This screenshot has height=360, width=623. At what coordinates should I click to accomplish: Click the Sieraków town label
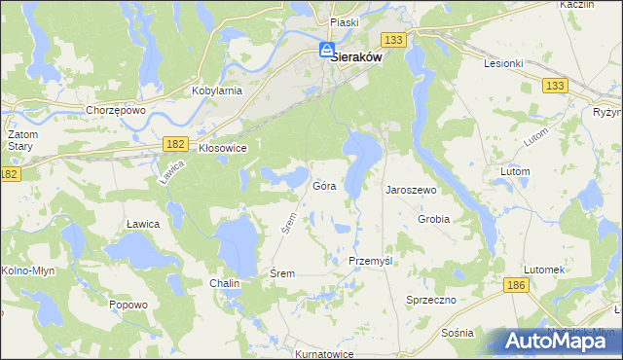click(x=355, y=57)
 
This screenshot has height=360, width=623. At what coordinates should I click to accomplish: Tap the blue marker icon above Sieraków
click(x=328, y=51)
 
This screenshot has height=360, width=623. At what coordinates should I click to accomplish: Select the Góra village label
click(x=325, y=186)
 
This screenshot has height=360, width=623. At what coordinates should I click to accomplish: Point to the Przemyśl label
click(x=370, y=262)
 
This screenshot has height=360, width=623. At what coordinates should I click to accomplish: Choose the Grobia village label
click(x=433, y=219)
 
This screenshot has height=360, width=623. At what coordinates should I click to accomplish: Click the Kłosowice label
click(x=222, y=148)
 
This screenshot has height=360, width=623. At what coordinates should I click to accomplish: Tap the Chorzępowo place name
click(x=115, y=110)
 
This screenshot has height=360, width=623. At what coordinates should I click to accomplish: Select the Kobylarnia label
click(x=218, y=90)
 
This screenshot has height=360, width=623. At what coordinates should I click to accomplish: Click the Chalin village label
click(x=225, y=283)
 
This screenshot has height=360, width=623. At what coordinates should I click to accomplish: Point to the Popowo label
click(x=128, y=305)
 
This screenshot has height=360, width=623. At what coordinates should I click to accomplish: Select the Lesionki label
click(x=503, y=62)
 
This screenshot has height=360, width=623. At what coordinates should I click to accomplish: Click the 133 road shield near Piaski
click(x=393, y=39)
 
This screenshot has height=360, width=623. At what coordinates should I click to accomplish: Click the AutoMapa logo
click(x=558, y=341)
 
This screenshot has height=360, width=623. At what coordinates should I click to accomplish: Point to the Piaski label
click(x=345, y=21)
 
